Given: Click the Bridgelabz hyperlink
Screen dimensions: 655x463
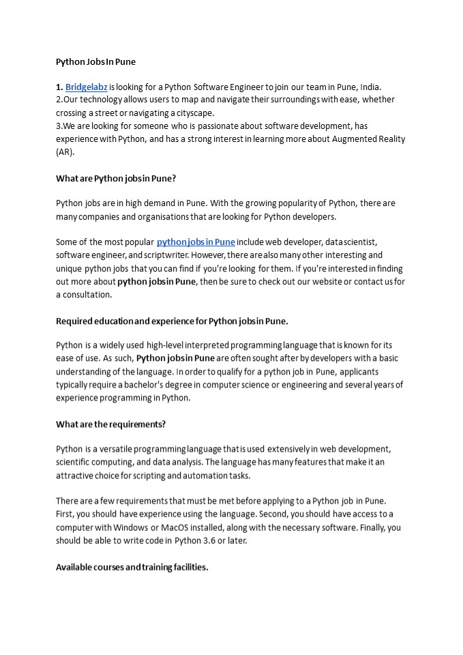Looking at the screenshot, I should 87,87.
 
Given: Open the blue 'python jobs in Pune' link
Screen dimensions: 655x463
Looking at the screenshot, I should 196,242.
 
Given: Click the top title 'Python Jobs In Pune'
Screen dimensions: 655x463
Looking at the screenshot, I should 95,61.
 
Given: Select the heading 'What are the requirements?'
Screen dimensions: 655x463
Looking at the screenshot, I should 110,424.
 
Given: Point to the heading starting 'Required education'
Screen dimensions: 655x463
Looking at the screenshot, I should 172,320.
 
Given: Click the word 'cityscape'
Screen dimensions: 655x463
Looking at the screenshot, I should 192,113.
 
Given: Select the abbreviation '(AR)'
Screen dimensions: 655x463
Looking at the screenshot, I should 65,151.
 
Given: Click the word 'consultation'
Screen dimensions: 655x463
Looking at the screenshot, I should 88,294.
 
